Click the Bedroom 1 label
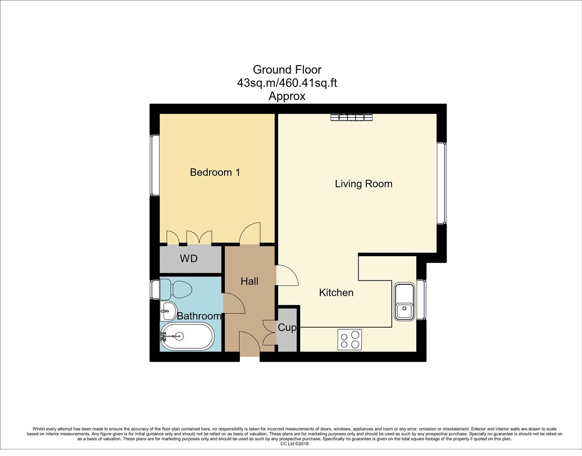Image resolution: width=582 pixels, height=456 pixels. pyautogui.click(x=215, y=172)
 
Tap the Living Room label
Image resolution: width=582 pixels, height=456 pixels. pyautogui.click(x=363, y=184)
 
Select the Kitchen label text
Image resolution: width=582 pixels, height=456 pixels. pyautogui.click(x=336, y=293)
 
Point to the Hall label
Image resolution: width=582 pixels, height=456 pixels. pyautogui.click(x=249, y=281)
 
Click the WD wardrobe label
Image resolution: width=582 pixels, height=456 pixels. pyautogui.click(x=189, y=258)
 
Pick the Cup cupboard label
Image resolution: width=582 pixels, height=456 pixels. pyautogui.click(x=287, y=327)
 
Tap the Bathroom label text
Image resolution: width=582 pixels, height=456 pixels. pyautogui.click(x=199, y=316)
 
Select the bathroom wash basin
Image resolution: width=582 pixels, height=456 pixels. pyautogui.click(x=168, y=312)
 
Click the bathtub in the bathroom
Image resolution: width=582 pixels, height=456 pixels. pyautogui.click(x=187, y=337)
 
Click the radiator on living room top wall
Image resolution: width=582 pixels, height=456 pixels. pyautogui.click(x=351, y=117)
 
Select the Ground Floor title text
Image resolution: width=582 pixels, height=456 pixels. pyautogui.click(x=287, y=69)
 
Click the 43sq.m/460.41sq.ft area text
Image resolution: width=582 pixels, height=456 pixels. pyautogui.click(x=287, y=83)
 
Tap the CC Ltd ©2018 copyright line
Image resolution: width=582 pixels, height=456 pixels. pyautogui.click(x=294, y=444)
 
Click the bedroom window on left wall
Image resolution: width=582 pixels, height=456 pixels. pyautogui.click(x=155, y=165)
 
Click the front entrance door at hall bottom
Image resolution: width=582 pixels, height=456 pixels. pyautogui.click(x=250, y=343)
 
